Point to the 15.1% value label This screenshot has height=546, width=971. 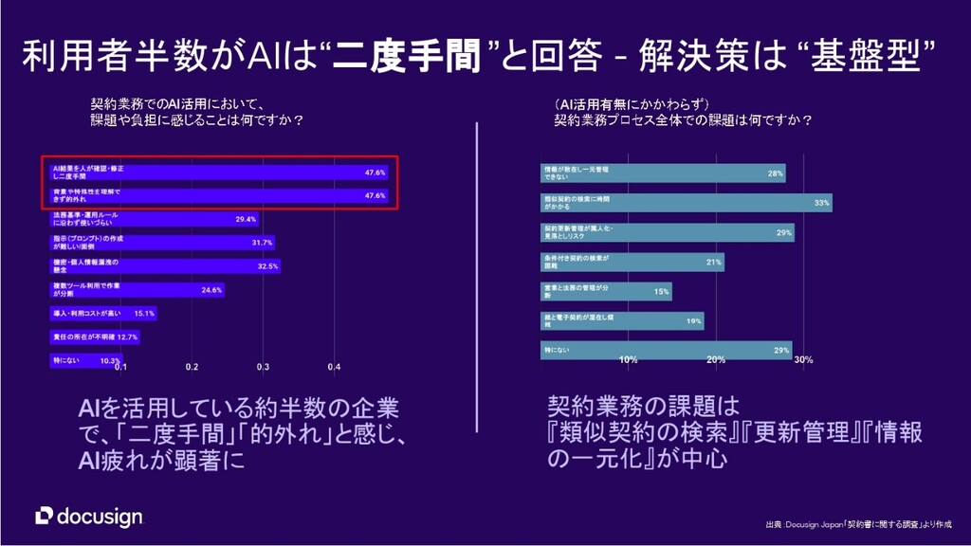click(x=145, y=313)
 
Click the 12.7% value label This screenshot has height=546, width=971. click(x=127, y=337)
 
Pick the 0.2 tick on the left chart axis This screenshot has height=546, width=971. click(x=192, y=367)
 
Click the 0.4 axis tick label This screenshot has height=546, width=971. click(x=334, y=367)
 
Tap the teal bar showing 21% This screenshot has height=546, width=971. click(x=632, y=262)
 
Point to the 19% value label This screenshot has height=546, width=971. click(x=694, y=321)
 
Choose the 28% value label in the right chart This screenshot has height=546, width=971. click(x=776, y=174)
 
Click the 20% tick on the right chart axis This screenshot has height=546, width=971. click(x=716, y=359)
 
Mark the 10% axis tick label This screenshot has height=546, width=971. click(x=628, y=359)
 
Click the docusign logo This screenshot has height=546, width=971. click(x=89, y=516)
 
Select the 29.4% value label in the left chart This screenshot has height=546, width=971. click(x=246, y=220)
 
